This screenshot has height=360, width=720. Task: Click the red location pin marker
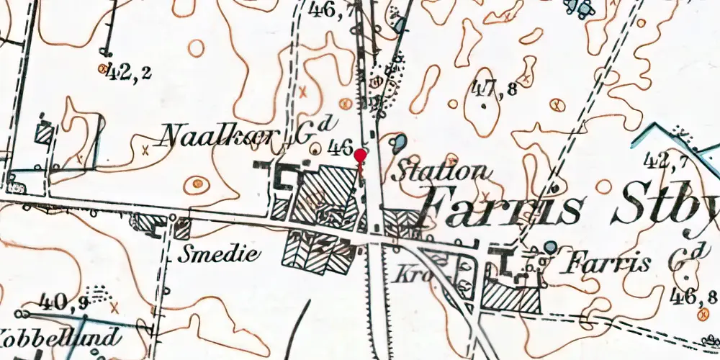click(361, 155)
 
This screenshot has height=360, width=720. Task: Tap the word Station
click(440, 171)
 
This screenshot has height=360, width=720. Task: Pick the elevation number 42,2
click(128, 72)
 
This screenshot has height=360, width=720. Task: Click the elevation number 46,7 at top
click(330, 9)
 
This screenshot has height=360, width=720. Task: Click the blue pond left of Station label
click(397, 142)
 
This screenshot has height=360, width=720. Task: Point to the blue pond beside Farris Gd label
click(550, 248)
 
